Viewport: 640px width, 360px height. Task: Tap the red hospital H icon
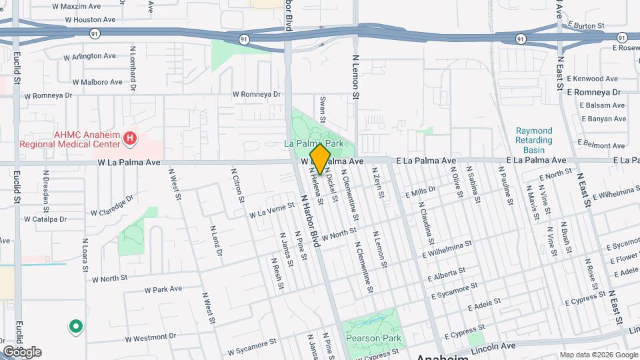(x=131, y=139)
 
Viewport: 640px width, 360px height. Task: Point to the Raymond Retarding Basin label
(x=534, y=140)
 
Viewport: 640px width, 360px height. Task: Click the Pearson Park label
(x=373, y=338)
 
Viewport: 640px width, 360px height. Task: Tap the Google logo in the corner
(x=22, y=351)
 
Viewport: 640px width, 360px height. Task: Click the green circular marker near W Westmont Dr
(x=76, y=327)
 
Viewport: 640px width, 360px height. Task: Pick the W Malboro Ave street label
(x=97, y=82)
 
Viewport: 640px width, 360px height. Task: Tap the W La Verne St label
(x=271, y=211)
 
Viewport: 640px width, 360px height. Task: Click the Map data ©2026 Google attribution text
(x=597, y=355)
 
